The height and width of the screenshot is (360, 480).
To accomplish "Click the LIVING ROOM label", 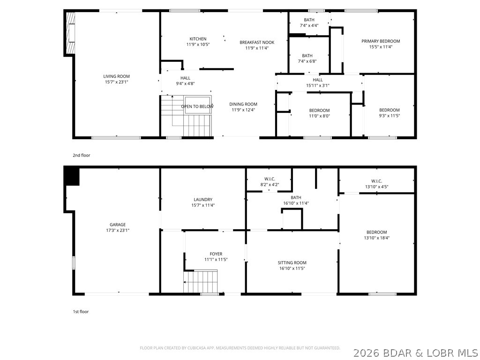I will click(x=116, y=76).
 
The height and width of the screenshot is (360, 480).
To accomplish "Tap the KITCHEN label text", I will click(x=197, y=39).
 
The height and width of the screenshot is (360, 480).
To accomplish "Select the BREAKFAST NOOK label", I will click(x=256, y=42).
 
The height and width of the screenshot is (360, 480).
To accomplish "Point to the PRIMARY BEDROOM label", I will click(x=380, y=41).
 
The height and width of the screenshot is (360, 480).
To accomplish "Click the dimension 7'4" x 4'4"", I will click(x=308, y=26).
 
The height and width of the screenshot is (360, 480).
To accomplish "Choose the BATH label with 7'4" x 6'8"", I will click(x=307, y=56).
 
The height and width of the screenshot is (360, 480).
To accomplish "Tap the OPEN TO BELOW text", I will click(x=197, y=106).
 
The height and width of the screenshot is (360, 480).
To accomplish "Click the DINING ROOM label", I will click(x=244, y=104).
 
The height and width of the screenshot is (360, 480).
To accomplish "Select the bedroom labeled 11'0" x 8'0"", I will click(x=319, y=111).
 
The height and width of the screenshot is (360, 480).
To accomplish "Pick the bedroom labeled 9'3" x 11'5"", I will click(x=389, y=110).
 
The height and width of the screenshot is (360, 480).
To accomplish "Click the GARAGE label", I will click(x=117, y=225).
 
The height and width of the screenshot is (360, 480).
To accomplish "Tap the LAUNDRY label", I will click(x=202, y=199).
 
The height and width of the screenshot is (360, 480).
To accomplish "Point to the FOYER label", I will click(x=216, y=254).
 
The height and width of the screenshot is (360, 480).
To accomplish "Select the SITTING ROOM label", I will click(x=292, y=262).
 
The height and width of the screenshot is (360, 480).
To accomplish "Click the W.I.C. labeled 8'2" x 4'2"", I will click(x=269, y=179).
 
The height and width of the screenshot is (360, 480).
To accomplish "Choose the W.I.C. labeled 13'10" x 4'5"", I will click(x=376, y=181).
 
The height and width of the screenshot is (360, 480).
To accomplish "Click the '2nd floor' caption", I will click(x=81, y=155).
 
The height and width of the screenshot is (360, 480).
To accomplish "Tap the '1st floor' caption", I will click(x=81, y=311).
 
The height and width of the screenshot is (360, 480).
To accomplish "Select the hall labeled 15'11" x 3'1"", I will click(x=317, y=80).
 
